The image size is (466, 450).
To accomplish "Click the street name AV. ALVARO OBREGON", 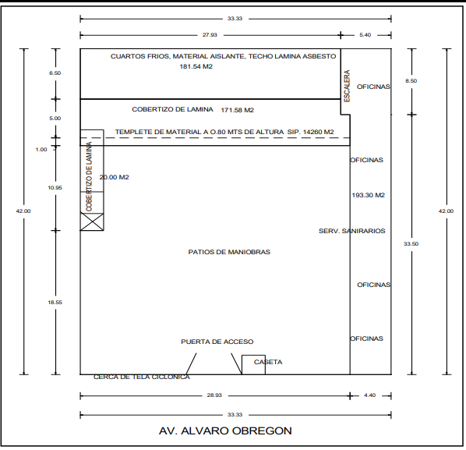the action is click(225, 431).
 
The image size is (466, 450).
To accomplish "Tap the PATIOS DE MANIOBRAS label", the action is click(229, 252).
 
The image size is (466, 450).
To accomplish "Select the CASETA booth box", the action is click(253, 365).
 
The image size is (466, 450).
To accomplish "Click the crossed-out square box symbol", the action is click(92, 221).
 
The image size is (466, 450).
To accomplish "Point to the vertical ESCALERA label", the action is click(347, 86).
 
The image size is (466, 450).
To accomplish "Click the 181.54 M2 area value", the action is click(196, 66).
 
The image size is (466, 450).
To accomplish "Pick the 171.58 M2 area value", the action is click(237, 110).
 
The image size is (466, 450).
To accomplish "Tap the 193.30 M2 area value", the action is click(369, 195).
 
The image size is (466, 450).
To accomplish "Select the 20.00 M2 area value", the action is click(114, 177).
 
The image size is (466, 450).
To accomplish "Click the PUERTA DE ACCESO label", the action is click(217, 342).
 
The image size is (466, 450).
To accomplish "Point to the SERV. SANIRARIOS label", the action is click(352, 231).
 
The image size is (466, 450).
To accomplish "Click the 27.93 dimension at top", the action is click(210, 35).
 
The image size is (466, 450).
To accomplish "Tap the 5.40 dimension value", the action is click(365, 35).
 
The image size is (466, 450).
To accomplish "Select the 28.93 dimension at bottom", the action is click(214, 395).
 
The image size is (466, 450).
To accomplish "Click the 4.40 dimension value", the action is click(369, 395).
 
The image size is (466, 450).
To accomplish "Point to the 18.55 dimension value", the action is click(55, 303).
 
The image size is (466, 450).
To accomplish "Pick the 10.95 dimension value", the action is click(55, 188).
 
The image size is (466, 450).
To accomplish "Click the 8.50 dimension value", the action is click(411, 81).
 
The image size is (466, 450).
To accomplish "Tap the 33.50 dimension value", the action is click(411, 244).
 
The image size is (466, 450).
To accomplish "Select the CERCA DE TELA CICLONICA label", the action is click(142, 377).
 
